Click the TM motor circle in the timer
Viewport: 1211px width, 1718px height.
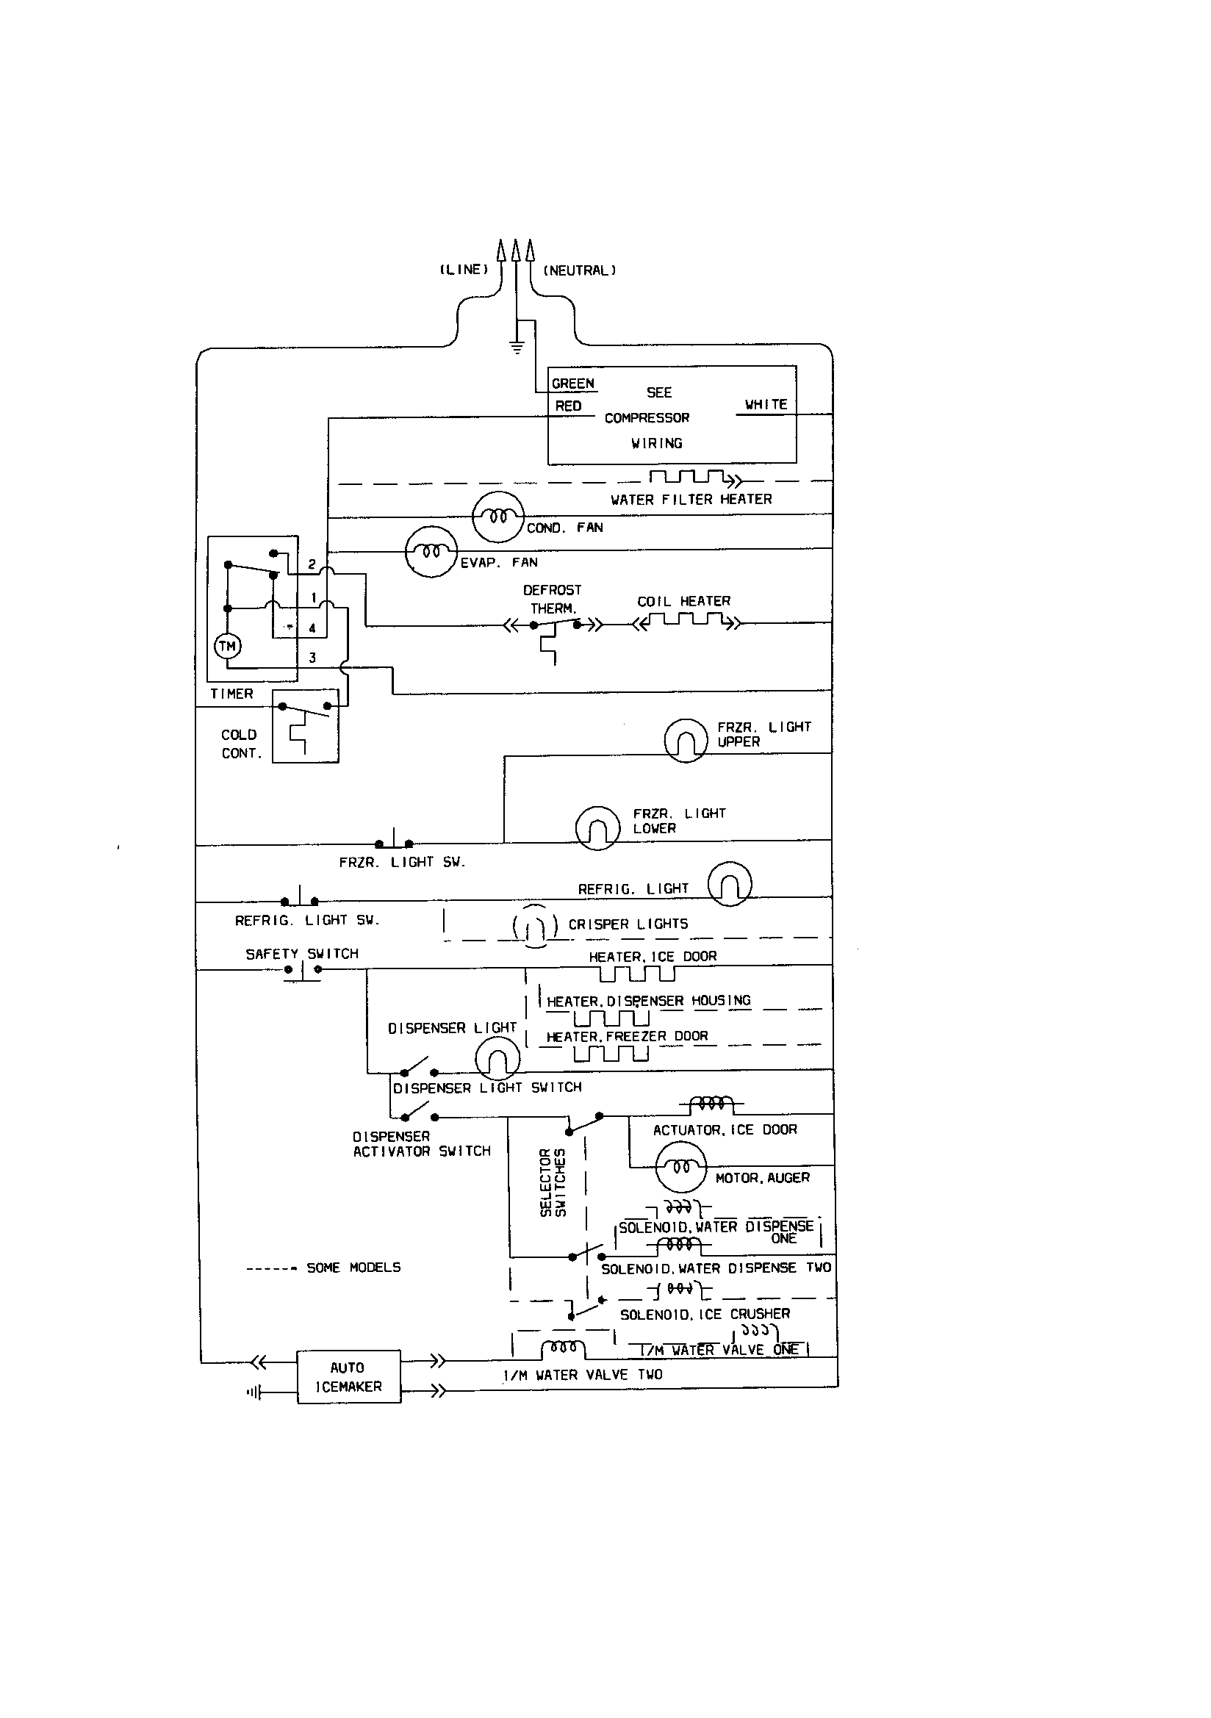coord(228,646)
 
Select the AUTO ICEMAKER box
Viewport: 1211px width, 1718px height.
coord(349,1377)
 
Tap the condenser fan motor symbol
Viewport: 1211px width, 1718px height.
coord(497,517)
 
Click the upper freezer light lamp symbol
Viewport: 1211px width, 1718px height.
coord(686,741)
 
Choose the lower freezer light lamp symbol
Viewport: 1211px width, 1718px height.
coord(597,827)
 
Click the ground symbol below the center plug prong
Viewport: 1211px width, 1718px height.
coord(516,346)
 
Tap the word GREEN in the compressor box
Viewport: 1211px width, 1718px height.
coord(572,384)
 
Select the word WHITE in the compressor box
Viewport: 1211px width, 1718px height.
coord(766,404)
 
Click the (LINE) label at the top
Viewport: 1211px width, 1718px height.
coord(464,270)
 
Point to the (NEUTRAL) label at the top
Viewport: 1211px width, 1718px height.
coord(580,270)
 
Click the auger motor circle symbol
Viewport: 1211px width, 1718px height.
coord(680,1168)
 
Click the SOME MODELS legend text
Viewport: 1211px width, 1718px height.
coord(353,1268)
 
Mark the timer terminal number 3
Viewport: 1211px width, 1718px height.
coord(312,658)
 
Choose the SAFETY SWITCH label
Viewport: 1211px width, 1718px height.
coord(302,954)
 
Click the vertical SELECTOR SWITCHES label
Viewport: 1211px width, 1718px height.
coord(553,1183)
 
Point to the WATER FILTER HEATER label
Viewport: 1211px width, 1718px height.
coord(691,499)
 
